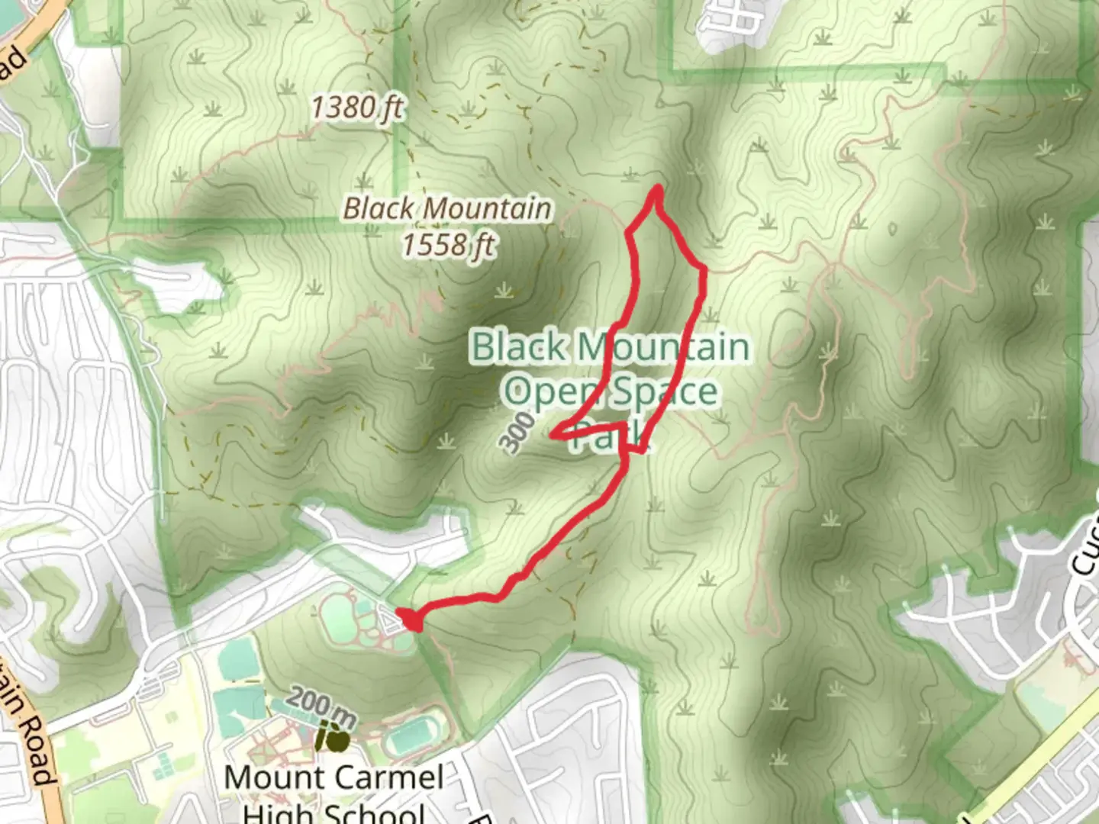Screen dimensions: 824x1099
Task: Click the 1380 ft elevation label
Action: (356, 108)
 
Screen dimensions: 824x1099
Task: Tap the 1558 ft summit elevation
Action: (448, 245)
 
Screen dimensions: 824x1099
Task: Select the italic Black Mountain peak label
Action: (447, 208)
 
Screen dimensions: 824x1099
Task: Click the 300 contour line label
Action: (518, 432)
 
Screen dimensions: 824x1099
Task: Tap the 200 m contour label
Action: (321, 707)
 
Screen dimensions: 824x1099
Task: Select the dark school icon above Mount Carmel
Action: (333, 738)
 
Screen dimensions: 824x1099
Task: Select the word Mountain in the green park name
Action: (662, 347)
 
